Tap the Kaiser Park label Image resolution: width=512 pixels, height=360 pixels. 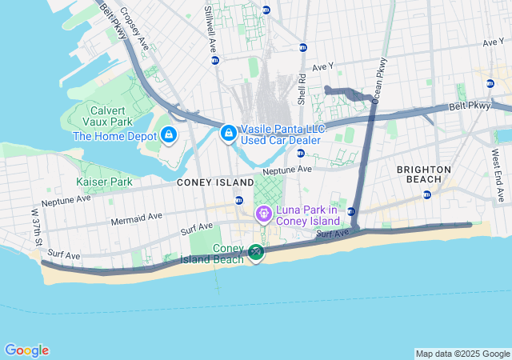pos(104,182)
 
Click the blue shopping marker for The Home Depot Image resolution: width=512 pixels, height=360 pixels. pos(169,135)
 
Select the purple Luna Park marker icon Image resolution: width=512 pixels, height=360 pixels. pos(262,214)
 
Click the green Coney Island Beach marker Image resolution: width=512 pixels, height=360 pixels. pos(255,253)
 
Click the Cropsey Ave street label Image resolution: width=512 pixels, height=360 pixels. pos(134,28)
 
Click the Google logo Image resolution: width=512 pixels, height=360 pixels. pos(26,350)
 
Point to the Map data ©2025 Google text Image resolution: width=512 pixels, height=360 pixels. pos(462,354)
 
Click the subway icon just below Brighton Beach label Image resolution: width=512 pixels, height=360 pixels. pos(426,194)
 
